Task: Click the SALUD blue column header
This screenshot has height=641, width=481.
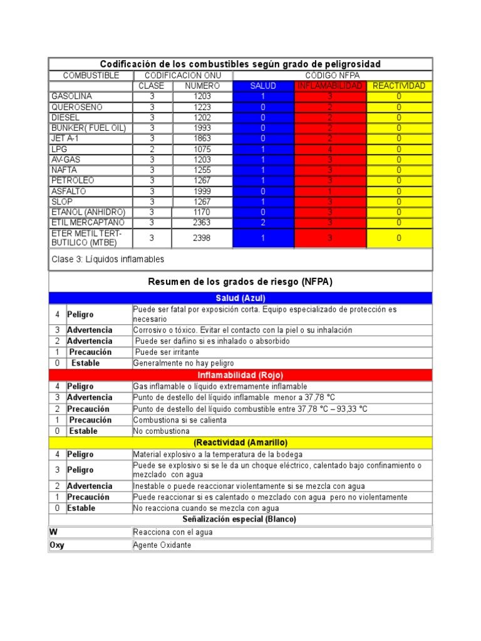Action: pyautogui.click(x=263, y=86)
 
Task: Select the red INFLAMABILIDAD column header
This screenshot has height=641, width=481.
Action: pyautogui.click(x=329, y=86)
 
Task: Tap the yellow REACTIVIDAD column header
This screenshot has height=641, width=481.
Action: pyautogui.click(x=399, y=86)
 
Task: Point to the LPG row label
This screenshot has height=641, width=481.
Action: pyautogui.click(x=58, y=150)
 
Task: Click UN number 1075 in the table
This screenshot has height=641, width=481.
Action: pyautogui.click(x=202, y=150)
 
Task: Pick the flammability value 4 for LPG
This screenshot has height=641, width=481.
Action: pyautogui.click(x=329, y=150)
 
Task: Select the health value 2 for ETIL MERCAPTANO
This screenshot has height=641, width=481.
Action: pyautogui.click(x=263, y=223)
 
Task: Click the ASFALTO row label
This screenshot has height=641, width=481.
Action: pyautogui.click(x=69, y=191)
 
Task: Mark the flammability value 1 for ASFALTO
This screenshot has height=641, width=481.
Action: pyautogui.click(x=329, y=191)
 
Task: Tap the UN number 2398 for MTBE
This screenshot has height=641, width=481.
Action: pyautogui.click(x=202, y=238)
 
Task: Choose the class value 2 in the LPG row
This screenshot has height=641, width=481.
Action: pyautogui.click(x=152, y=150)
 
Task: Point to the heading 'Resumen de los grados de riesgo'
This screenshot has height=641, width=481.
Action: pyautogui.click(x=240, y=282)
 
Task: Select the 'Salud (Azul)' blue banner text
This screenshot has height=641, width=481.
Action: pyautogui.click(x=240, y=298)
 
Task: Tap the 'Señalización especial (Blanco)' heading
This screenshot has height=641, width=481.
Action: pyautogui.click(x=240, y=520)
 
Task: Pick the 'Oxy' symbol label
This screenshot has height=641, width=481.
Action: pyautogui.click(x=57, y=545)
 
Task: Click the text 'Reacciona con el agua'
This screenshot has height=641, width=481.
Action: pyautogui.click(x=173, y=532)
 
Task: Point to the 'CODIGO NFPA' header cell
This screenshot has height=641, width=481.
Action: pyautogui.click(x=332, y=75)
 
